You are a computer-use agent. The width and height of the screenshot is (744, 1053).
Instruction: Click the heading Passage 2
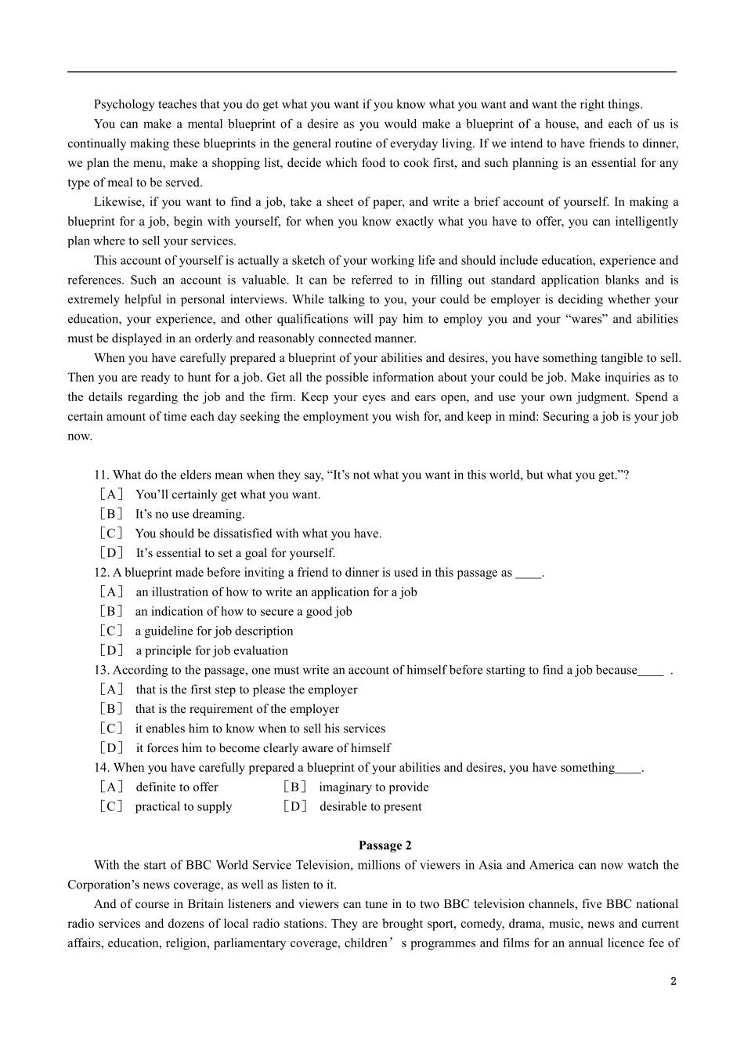(x=385, y=845)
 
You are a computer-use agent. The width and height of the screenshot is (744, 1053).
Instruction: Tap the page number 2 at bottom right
(x=673, y=981)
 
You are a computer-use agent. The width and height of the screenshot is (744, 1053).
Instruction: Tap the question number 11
(x=101, y=475)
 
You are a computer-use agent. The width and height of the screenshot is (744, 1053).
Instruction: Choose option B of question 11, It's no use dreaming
(x=190, y=514)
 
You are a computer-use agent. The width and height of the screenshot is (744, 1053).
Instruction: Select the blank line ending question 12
(x=529, y=573)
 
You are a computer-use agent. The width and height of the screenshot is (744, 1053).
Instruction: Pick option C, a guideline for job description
(x=214, y=631)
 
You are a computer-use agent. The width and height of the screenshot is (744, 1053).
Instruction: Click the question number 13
(x=101, y=670)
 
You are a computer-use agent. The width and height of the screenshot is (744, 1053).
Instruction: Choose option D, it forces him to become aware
(x=262, y=748)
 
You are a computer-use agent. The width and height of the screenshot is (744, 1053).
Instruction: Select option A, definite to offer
(x=176, y=787)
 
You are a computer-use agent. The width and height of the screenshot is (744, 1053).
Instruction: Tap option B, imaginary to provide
(x=374, y=787)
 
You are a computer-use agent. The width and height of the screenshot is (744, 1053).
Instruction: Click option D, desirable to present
(x=370, y=807)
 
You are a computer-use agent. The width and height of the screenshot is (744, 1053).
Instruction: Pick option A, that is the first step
(x=246, y=689)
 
